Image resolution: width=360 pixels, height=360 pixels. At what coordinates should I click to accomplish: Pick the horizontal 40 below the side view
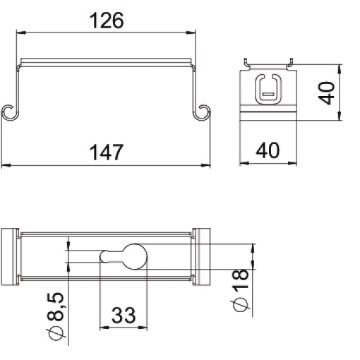[269, 150]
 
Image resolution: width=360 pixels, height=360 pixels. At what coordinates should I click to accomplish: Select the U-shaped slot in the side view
[268, 88]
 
